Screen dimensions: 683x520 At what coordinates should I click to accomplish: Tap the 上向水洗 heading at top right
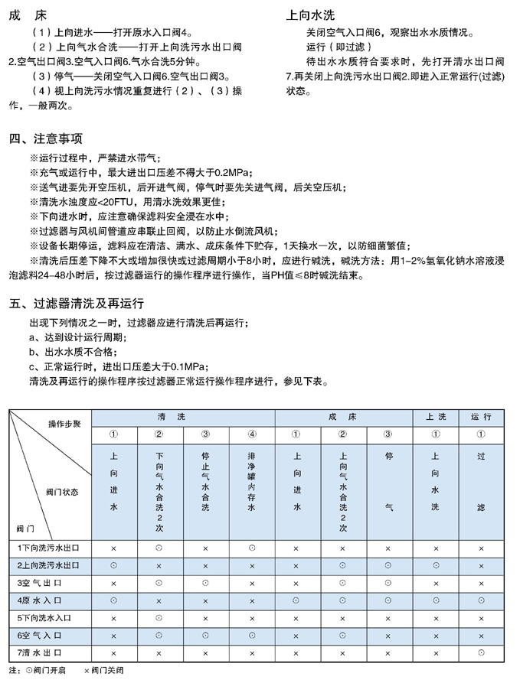(310, 15)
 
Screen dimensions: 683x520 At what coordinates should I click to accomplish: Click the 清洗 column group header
(182, 416)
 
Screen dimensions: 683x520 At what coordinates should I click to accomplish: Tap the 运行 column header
(481, 416)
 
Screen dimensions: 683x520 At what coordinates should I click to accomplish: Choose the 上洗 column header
(435, 416)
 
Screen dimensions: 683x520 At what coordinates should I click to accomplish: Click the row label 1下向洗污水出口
(49, 548)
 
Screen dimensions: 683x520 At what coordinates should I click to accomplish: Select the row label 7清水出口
(49, 652)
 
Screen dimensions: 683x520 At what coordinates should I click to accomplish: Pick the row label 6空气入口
(49, 635)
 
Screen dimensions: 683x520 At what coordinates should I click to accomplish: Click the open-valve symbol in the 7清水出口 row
(481, 652)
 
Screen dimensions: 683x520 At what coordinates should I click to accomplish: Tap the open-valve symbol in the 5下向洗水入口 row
(159, 618)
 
